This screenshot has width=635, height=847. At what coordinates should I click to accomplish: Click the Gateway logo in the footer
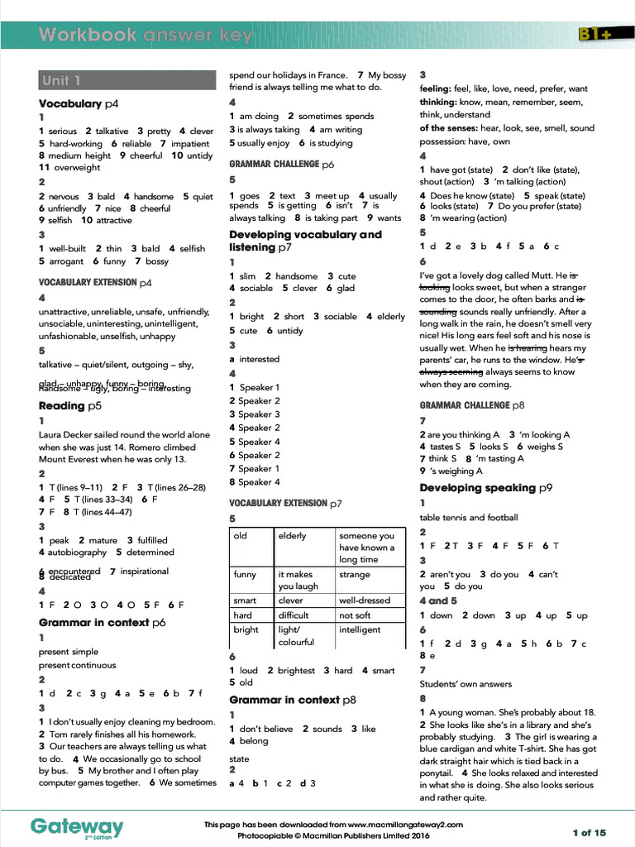77,826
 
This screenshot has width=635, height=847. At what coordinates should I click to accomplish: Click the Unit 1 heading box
127,81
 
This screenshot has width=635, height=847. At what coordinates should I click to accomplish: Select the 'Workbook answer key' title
146,36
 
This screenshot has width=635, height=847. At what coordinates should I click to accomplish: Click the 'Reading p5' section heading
70,406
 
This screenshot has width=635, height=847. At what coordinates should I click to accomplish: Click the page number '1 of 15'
589,832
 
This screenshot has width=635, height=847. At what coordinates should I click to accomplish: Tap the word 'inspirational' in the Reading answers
146,571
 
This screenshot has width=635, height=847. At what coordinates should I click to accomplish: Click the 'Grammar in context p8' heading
293,700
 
